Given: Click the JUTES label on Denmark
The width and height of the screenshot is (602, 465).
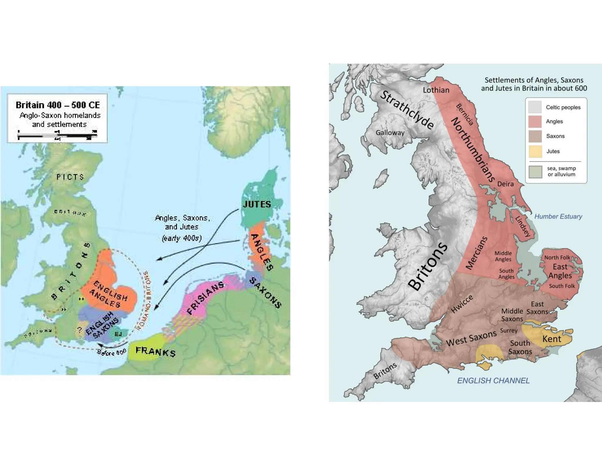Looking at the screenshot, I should point(257,204).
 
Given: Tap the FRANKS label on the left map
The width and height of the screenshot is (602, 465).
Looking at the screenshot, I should point(155,351).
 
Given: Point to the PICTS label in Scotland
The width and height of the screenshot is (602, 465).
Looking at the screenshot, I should point(70,177).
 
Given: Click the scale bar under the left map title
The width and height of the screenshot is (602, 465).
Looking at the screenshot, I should point(57,136).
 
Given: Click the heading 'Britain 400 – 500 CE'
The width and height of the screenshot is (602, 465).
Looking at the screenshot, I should point(58,105).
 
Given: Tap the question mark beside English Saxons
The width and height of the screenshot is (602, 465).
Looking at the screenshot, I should point(80,330).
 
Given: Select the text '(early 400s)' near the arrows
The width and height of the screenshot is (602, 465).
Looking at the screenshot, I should point(182,238).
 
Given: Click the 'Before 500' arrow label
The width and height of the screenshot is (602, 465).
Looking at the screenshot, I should point(112,352).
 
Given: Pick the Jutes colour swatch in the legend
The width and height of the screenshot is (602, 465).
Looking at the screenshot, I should point(535,151).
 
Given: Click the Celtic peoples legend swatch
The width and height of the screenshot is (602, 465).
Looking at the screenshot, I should point(535,107).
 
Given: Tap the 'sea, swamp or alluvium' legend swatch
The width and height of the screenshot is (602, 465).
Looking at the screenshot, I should point(535,172).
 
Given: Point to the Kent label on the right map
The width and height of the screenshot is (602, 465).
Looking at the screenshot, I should point(552,339).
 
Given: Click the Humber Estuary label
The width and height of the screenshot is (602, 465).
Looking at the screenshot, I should point(558,217).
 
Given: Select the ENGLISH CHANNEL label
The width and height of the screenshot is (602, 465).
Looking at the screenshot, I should point(493,381).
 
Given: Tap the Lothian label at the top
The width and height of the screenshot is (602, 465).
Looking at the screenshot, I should point(436,90).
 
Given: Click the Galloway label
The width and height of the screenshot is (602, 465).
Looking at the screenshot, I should point(390,133).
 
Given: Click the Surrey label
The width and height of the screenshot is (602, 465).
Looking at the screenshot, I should point(509,330).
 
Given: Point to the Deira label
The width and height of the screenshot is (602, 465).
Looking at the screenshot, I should point(505,184).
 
